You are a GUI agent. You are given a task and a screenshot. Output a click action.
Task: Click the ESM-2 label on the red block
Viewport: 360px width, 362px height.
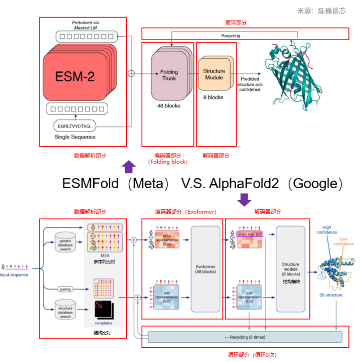point(75,77)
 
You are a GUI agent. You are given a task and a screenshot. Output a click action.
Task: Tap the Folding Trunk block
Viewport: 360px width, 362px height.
point(169,75)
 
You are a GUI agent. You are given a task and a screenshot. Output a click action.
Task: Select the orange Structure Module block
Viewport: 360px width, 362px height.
point(214,74)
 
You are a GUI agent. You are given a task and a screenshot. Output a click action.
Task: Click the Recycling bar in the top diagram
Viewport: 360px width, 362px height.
point(230,35)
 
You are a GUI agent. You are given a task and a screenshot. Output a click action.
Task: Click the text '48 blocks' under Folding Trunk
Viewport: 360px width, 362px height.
point(169,106)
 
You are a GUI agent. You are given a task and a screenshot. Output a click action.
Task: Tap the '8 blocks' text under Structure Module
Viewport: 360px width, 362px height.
point(213,97)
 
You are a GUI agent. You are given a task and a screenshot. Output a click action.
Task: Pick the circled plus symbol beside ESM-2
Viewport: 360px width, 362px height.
point(131,74)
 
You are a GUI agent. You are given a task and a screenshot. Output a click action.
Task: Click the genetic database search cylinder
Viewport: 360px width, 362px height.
point(65,242)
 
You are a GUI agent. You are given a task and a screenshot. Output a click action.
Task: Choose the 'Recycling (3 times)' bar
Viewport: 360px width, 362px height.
point(245,337)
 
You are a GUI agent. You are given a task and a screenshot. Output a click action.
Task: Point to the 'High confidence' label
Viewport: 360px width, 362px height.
point(326,230)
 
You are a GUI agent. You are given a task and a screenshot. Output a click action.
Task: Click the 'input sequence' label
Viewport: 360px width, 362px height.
point(15,275)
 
